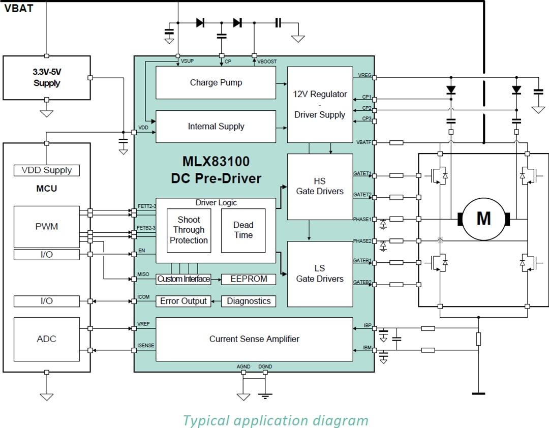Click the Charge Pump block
[x=216, y=83]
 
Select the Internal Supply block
[x=216, y=127]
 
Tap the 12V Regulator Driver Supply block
[x=320, y=105]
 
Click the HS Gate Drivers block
[x=320, y=187]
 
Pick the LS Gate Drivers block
[x=320, y=274]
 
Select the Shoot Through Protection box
[x=189, y=230]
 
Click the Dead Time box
[x=243, y=230]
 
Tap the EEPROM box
[x=249, y=279]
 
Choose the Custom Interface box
[x=183, y=279]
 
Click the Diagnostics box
[x=249, y=301]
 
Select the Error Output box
[x=183, y=301]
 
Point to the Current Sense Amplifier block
[x=254, y=339]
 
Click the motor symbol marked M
[x=483, y=218]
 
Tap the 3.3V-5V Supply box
[x=47, y=78]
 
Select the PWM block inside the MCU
[x=46, y=227]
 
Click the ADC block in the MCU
[x=46, y=339]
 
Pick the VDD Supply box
[x=46, y=170]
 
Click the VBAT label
[x=19, y=8]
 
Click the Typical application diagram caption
[x=275, y=420]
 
